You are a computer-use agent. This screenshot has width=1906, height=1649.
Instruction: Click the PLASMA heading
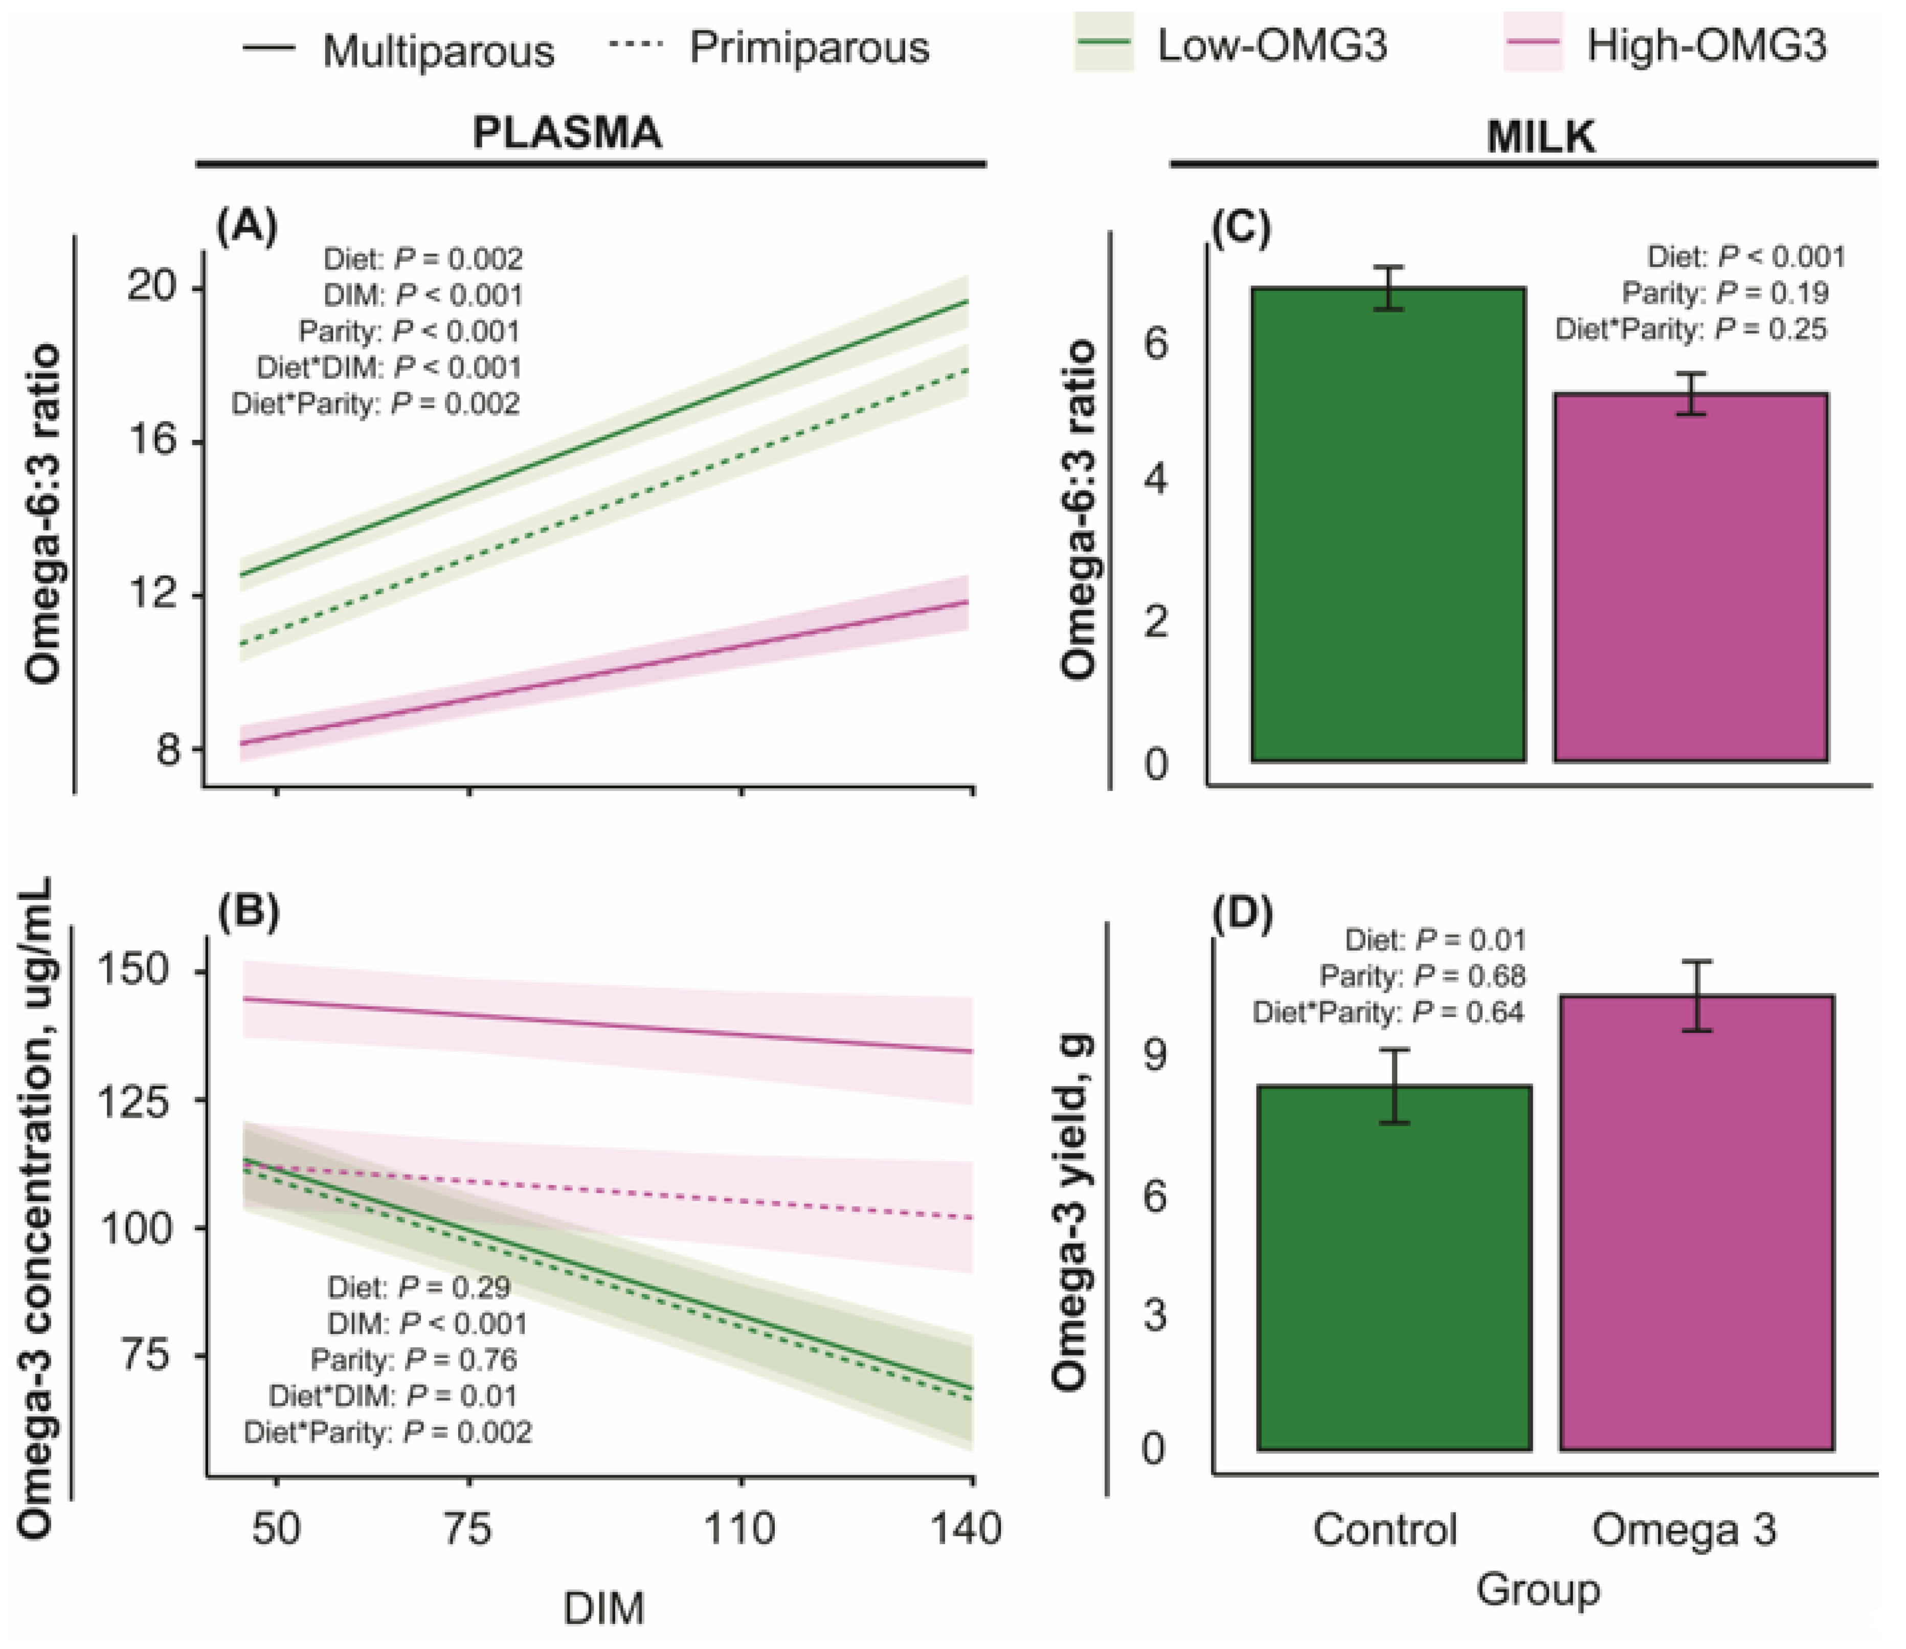point(567,132)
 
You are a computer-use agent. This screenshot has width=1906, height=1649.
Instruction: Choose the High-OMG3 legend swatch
point(1532,43)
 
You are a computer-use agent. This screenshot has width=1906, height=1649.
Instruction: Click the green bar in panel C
point(1388,525)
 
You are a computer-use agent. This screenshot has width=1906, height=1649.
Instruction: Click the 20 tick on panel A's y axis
point(151,287)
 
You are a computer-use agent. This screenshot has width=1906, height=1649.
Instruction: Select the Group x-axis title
point(1539,1589)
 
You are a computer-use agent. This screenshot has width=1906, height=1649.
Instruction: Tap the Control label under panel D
point(1385,1529)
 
